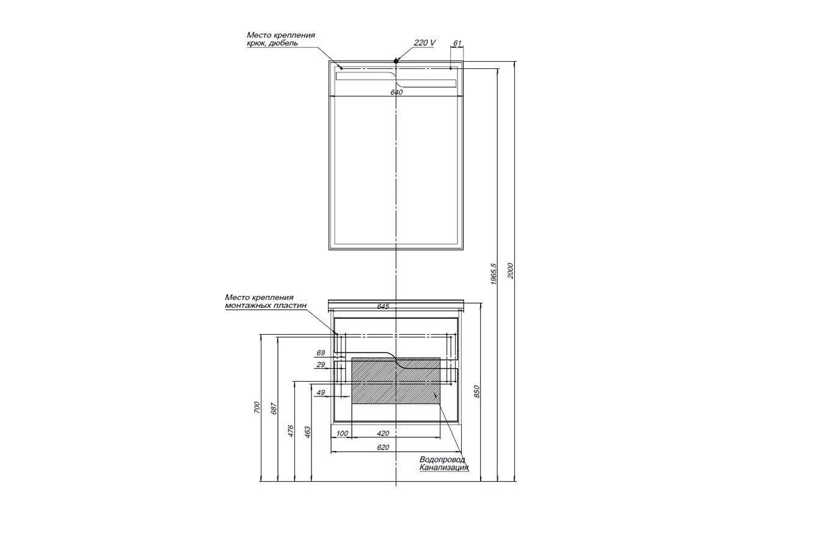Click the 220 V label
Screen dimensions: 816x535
[424, 43]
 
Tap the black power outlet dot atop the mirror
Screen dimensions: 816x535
[396, 61]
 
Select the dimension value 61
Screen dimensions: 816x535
[457, 43]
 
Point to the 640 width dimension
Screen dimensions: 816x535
[396, 92]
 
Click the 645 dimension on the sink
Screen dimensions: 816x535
[383, 307]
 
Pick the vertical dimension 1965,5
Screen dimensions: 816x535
[494, 274]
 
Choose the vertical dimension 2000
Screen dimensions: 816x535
[511, 271]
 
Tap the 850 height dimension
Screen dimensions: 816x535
[477, 391]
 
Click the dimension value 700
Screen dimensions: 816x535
[257, 407]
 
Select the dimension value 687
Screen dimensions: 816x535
[274, 408]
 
